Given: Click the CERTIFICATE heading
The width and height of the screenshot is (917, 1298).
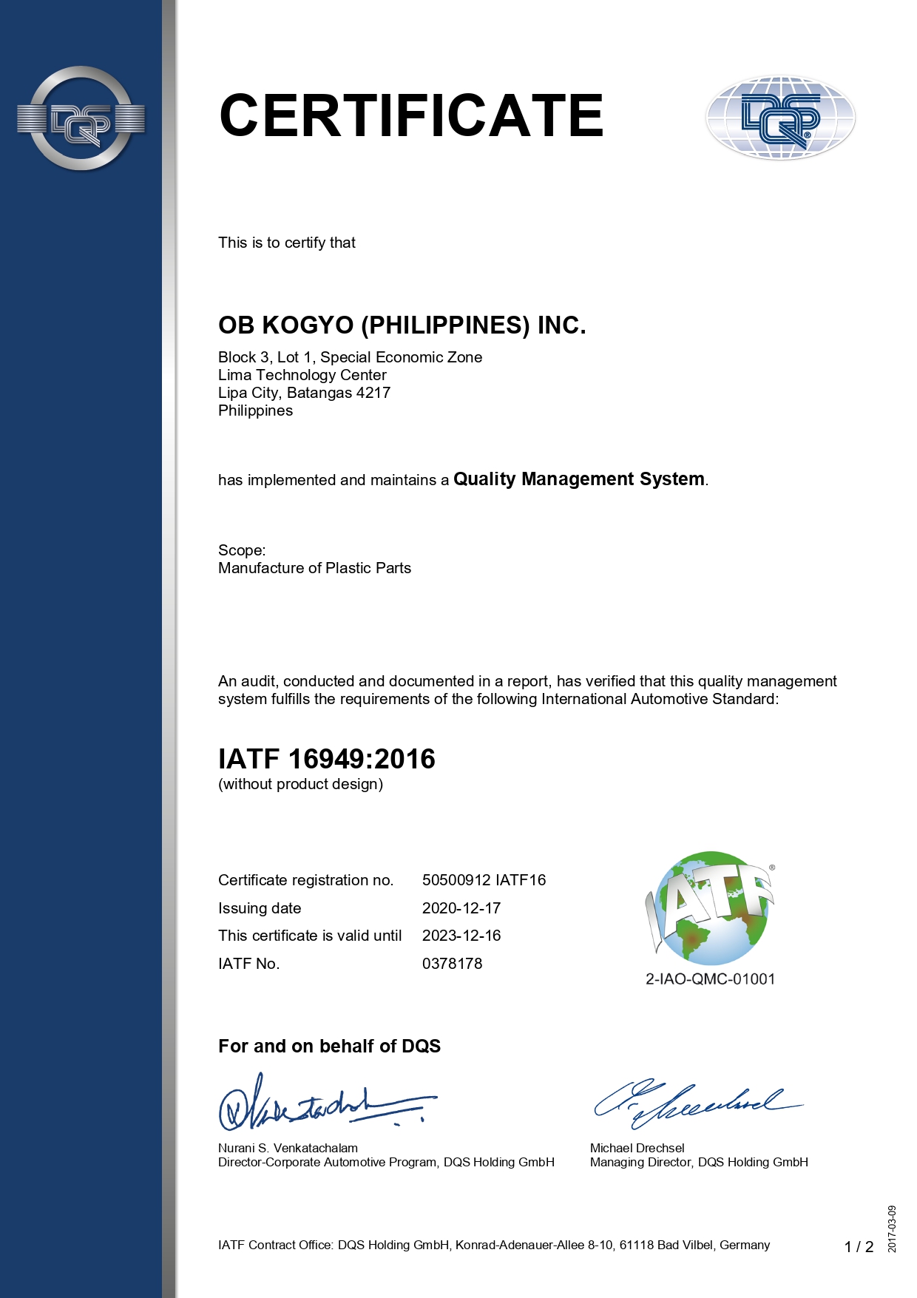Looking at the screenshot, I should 411,116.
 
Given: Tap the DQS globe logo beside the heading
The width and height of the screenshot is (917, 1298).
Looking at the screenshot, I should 780,118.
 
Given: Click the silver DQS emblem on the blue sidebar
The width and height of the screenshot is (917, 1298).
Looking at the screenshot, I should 81,118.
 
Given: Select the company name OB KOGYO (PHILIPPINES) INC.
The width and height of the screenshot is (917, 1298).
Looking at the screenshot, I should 402,325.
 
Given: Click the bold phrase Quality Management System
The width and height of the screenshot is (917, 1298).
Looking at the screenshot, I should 578,479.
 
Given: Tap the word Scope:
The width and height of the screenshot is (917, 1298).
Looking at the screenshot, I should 242,550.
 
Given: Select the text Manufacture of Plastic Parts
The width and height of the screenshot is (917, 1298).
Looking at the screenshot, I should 314,568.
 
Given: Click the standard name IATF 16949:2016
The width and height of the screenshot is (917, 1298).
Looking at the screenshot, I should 326,759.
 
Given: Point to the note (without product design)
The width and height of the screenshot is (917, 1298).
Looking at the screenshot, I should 300,784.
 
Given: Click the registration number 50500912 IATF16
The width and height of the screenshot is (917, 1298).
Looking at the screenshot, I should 484,880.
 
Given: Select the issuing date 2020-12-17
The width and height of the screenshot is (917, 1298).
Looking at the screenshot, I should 461,908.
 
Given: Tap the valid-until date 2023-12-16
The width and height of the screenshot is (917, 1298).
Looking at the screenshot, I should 461,936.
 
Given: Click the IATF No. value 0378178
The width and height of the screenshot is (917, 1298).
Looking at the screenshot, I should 452,964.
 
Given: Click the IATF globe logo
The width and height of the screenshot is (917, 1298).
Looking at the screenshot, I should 710,908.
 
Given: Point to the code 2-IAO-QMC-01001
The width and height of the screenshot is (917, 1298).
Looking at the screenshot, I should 710,979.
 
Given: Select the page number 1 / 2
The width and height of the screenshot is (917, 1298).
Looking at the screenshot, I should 859,1247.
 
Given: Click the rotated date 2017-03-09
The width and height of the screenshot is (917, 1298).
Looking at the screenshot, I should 893,1228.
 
